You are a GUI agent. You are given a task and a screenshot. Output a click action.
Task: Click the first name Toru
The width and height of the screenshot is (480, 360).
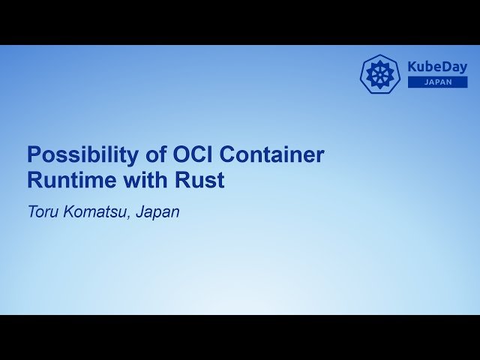tap(42, 212)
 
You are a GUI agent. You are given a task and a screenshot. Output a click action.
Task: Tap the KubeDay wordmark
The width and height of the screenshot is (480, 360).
tap(437, 67)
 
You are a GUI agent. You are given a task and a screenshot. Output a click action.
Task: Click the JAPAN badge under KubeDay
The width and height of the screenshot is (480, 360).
tap(437, 82)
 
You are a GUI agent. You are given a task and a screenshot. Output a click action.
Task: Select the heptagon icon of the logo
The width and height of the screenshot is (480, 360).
tap(380, 74)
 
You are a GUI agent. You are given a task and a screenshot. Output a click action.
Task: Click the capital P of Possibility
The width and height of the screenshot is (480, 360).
tap(33, 155)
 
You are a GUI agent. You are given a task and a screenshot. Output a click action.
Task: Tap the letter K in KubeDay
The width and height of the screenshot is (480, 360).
tap(412, 67)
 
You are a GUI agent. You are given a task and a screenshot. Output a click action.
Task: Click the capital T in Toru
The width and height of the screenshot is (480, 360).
tap(32, 212)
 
